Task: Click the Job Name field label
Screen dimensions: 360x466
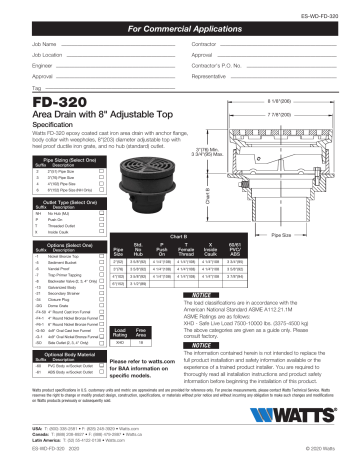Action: (17, 46)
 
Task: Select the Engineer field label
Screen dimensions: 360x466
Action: (17, 64)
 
